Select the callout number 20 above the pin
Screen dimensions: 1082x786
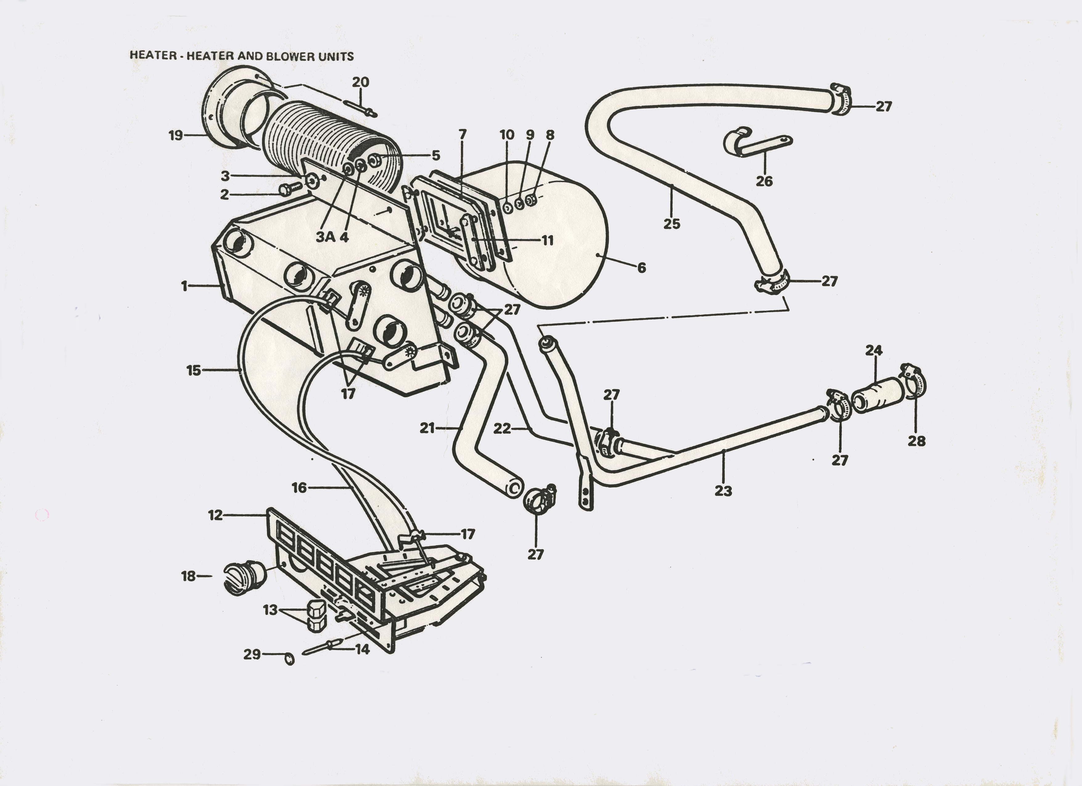361,82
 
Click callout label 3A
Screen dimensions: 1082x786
326,237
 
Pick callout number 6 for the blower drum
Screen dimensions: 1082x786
642,268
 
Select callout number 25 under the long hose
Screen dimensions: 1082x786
672,224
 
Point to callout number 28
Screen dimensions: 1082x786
916,441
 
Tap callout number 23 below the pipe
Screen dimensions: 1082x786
723,491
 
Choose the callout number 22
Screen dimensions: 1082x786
502,429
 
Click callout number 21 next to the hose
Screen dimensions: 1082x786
427,428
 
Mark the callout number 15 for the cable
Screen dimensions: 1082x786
194,370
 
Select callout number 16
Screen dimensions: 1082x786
299,487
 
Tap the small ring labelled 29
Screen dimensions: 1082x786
289,659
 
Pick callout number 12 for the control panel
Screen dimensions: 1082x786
216,515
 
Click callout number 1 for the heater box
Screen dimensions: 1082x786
184,286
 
